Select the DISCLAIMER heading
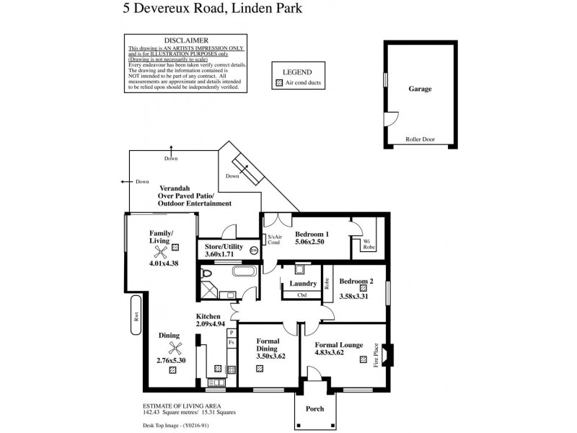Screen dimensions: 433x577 tap(187, 40)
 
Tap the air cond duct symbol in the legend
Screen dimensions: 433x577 tap(280, 84)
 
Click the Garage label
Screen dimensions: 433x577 tap(420, 89)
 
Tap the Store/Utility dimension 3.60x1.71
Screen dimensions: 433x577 tap(219, 255)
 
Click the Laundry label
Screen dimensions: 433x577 tap(303, 284)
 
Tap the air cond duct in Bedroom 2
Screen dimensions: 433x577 tap(353, 287)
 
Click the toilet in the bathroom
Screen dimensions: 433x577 tap(206, 274)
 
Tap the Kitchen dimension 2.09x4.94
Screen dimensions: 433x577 tap(211, 325)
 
